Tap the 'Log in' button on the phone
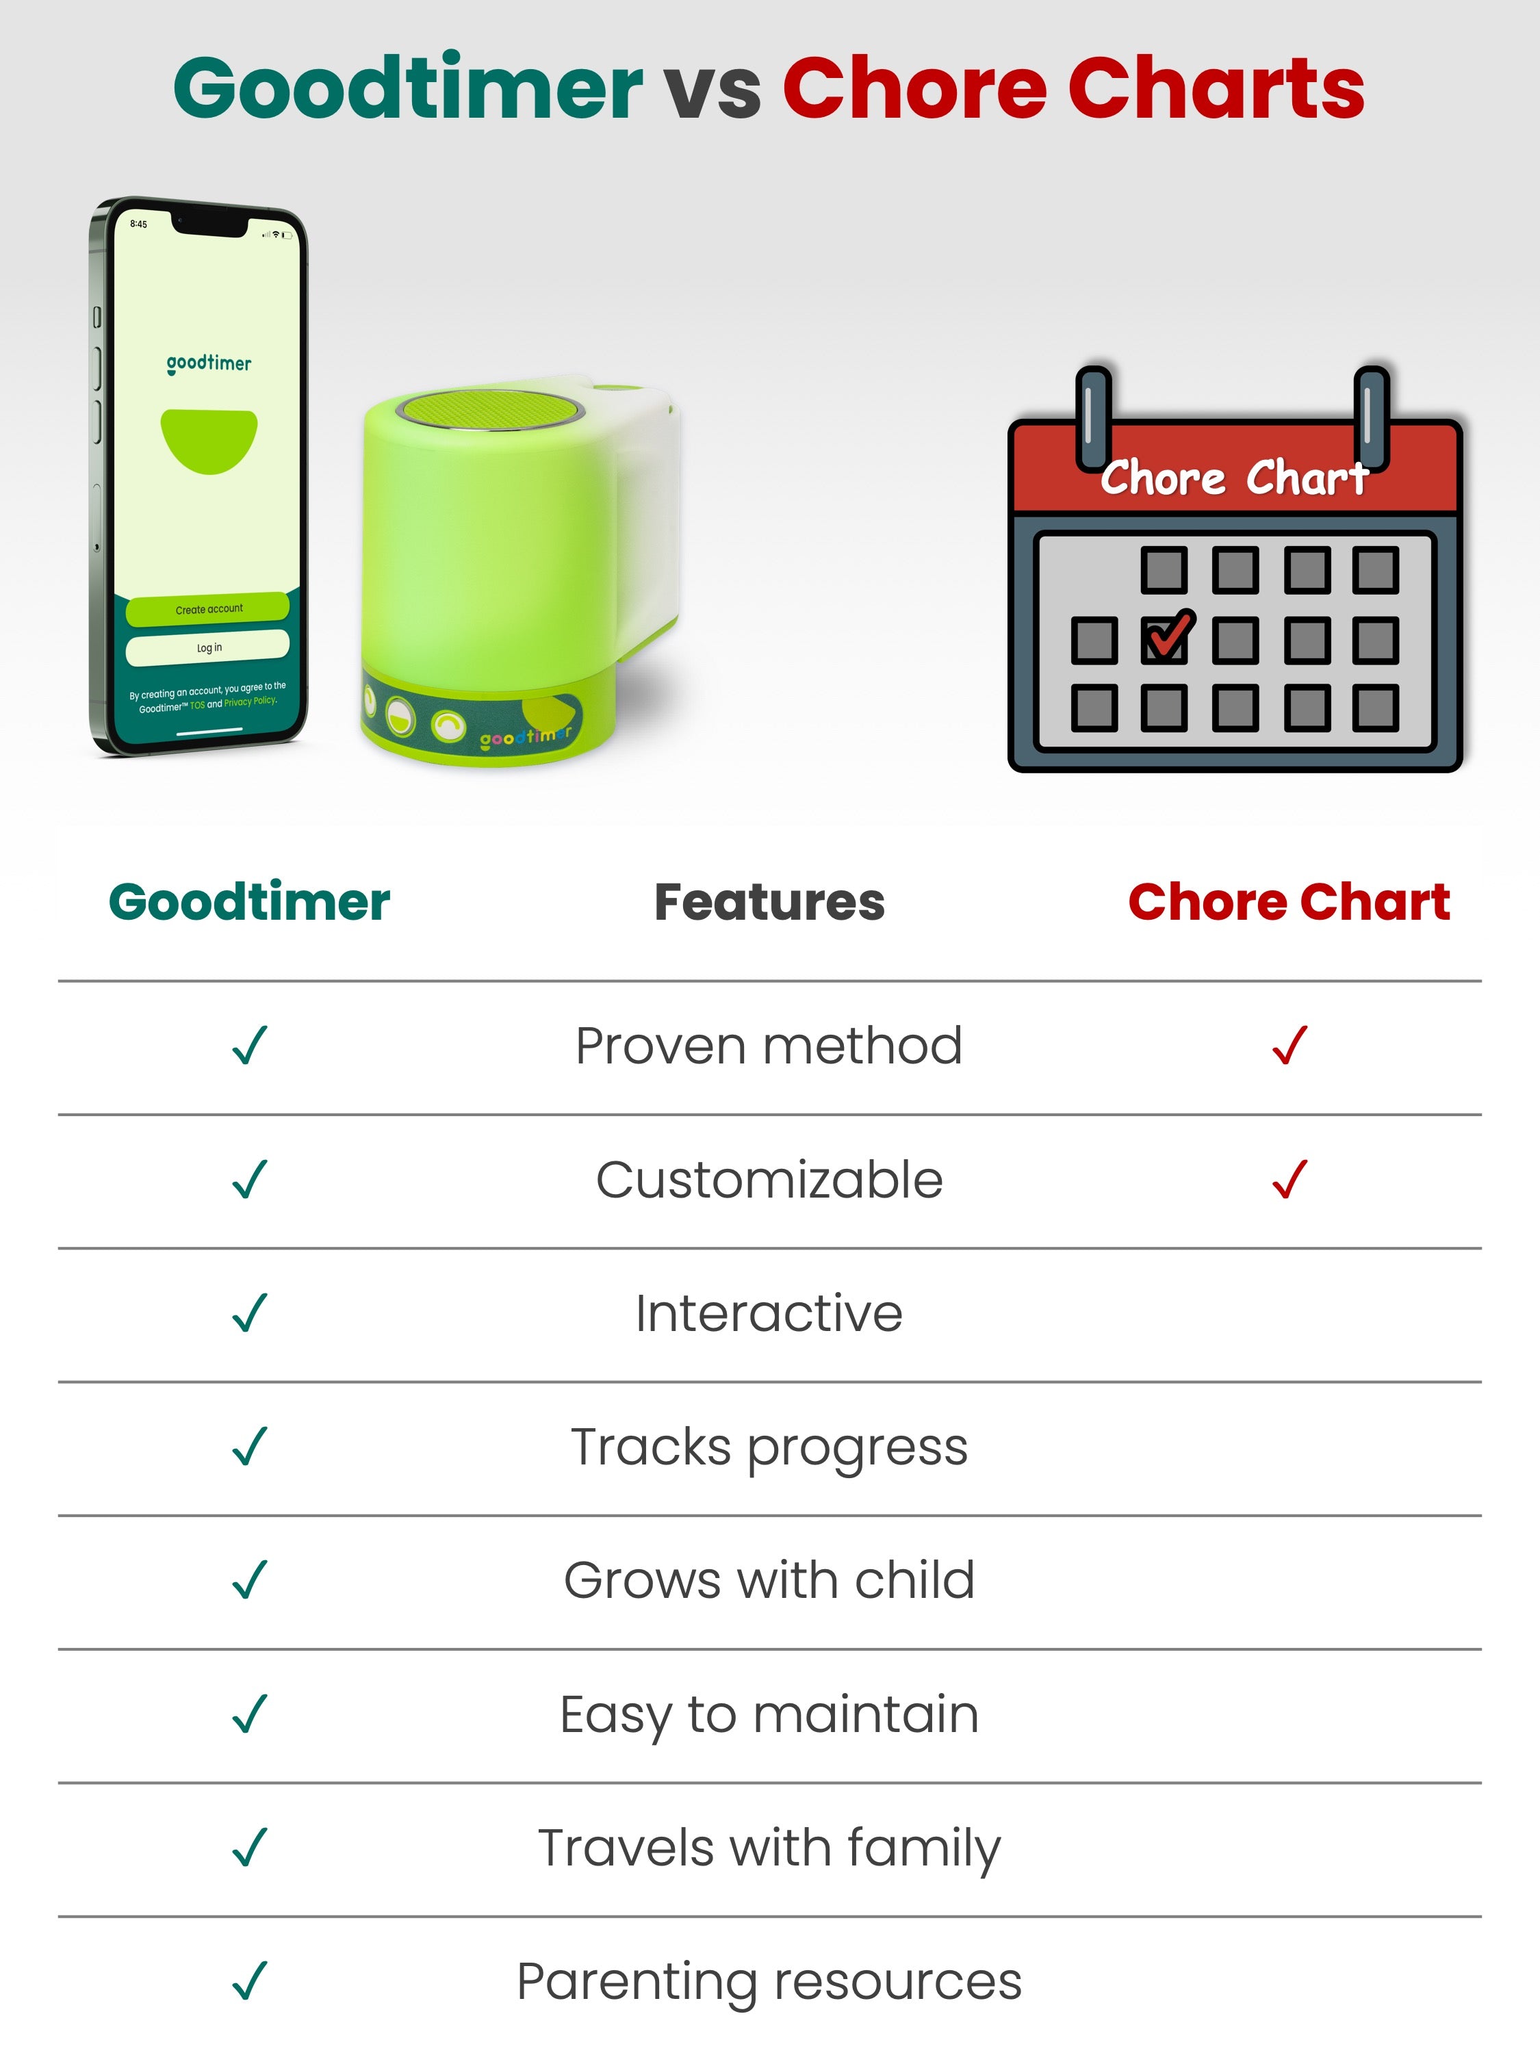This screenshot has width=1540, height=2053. [208, 647]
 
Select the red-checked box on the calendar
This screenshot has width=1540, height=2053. [1166, 638]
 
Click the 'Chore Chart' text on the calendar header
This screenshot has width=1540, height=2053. [1235, 478]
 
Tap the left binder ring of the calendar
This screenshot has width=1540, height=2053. [1094, 417]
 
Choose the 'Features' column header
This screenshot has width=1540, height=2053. [769, 902]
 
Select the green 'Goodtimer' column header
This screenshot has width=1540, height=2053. [250, 902]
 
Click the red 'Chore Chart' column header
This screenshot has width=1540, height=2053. [1289, 902]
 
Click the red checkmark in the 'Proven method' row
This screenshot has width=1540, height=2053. [1289, 1045]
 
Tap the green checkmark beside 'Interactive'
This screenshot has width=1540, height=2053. [250, 1313]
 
